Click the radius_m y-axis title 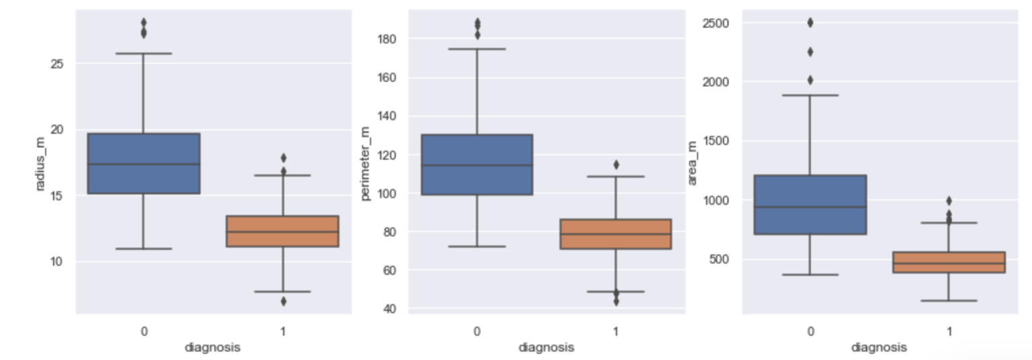point(40,163)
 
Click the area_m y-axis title point(693,163)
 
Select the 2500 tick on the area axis point(717,24)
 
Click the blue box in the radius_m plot point(144,163)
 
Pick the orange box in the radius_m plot point(282,231)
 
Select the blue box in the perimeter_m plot point(477,165)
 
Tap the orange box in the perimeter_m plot point(615,234)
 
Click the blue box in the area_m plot point(810,204)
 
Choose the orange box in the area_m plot point(949,262)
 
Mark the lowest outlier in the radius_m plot point(283,301)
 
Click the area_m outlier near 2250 point(810,52)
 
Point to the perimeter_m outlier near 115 point(616,165)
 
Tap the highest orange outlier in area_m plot point(949,201)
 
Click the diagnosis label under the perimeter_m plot point(546,348)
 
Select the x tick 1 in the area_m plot point(949,332)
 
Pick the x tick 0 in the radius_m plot point(144,332)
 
